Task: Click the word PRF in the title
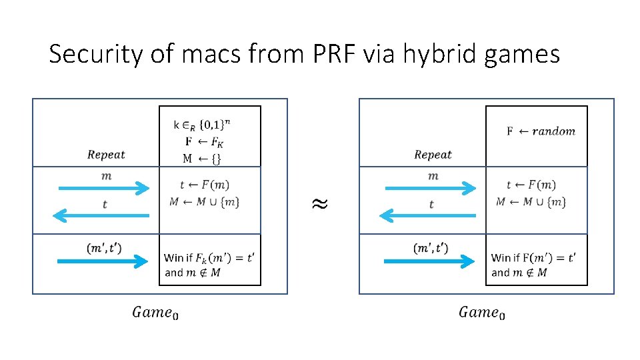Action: coord(333,54)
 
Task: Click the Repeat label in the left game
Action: coord(106,155)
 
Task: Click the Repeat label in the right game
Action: coord(433,155)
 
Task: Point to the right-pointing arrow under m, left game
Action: coord(105,189)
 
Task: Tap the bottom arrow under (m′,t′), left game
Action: coord(105,261)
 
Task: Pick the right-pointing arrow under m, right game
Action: coord(431,189)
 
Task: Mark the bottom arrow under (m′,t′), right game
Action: coord(431,261)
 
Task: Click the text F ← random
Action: coord(541,131)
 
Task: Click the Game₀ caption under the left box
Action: coord(155,312)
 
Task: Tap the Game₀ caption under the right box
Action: coord(481,312)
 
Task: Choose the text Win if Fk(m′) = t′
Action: coord(209,257)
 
